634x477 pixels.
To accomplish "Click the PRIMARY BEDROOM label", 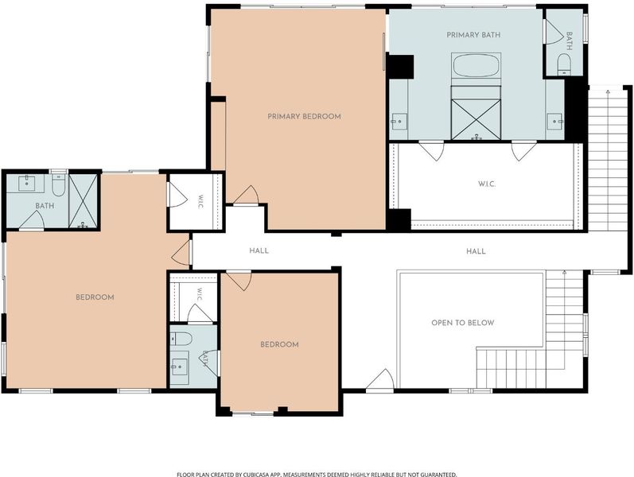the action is (304, 116).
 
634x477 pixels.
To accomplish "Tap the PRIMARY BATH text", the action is (473, 35).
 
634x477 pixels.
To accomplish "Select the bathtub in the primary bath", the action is (476, 65).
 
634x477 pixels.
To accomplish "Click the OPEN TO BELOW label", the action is (462, 323).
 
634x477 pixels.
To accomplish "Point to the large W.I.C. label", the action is (487, 184).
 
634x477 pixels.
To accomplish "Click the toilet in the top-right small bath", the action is (564, 64).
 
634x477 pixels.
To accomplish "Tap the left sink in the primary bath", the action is (399, 122).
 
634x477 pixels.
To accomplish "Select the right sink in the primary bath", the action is (554, 122).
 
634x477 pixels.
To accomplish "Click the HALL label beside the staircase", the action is (476, 251).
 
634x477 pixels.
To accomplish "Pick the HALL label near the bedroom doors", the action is (259, 250).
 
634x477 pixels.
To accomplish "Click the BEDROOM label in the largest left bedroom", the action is (95, 297).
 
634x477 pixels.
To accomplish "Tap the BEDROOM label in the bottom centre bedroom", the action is (279, 344).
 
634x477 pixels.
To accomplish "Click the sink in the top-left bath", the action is (27, 183).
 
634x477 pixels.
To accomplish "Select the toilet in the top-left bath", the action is (59, 185).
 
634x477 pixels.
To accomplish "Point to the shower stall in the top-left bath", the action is (84, 201).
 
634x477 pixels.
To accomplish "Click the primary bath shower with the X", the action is (476, 120).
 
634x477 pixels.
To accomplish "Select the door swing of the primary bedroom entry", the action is (247, 196).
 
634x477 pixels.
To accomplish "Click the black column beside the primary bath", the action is (400, 66).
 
